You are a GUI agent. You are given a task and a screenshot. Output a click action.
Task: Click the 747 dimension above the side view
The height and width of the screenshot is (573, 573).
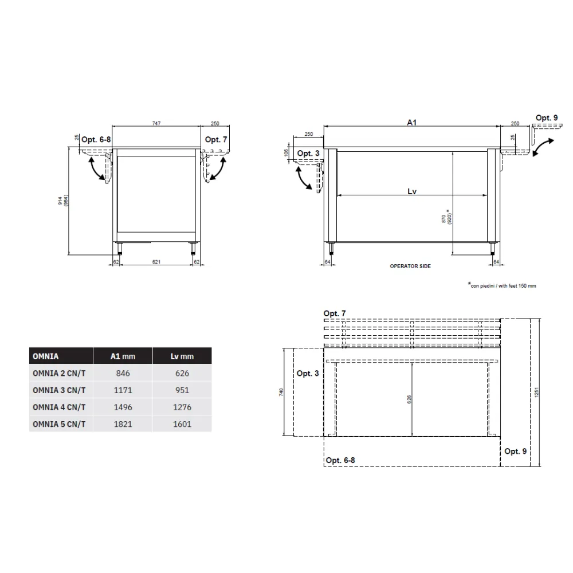point(156,123)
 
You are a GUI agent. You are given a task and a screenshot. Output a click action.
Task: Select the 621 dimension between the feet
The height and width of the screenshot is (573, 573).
point(156,261)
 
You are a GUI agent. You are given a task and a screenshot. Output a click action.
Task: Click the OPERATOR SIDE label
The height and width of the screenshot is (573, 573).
point(410,266)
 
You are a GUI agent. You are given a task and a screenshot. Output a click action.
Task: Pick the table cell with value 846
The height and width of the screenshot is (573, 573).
point(123,374)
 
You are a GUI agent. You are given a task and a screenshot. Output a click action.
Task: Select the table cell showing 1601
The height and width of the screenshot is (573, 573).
point(182,424)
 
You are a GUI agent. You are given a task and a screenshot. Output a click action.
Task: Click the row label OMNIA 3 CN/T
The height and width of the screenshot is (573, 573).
point(60,390)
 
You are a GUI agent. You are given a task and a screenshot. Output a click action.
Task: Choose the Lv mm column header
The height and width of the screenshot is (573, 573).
point(182,356)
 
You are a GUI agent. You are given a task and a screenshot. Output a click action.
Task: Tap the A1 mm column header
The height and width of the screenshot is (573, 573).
point(123,356)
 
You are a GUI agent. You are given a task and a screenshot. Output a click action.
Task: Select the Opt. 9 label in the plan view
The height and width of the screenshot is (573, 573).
point(515,451)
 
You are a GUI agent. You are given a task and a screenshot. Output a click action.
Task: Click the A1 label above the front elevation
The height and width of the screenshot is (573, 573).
point(411,122)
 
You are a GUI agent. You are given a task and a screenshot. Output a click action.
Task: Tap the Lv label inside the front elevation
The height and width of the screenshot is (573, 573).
point(411,191)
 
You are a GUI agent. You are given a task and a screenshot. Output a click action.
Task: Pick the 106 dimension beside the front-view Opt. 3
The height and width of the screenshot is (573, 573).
point(285,153)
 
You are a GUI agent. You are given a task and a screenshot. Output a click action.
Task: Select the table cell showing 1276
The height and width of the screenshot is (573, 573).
point(182,407)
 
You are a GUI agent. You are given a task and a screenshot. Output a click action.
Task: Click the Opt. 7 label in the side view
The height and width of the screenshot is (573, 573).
point(216,139)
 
